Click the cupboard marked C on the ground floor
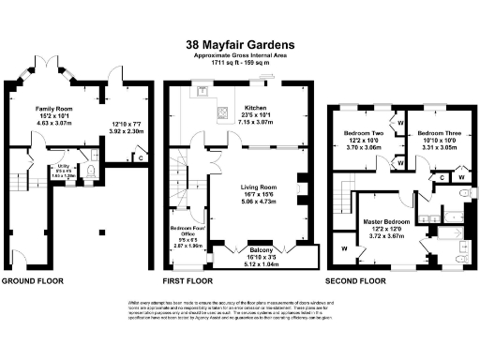141,157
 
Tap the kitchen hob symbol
226,114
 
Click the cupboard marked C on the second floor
441,176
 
